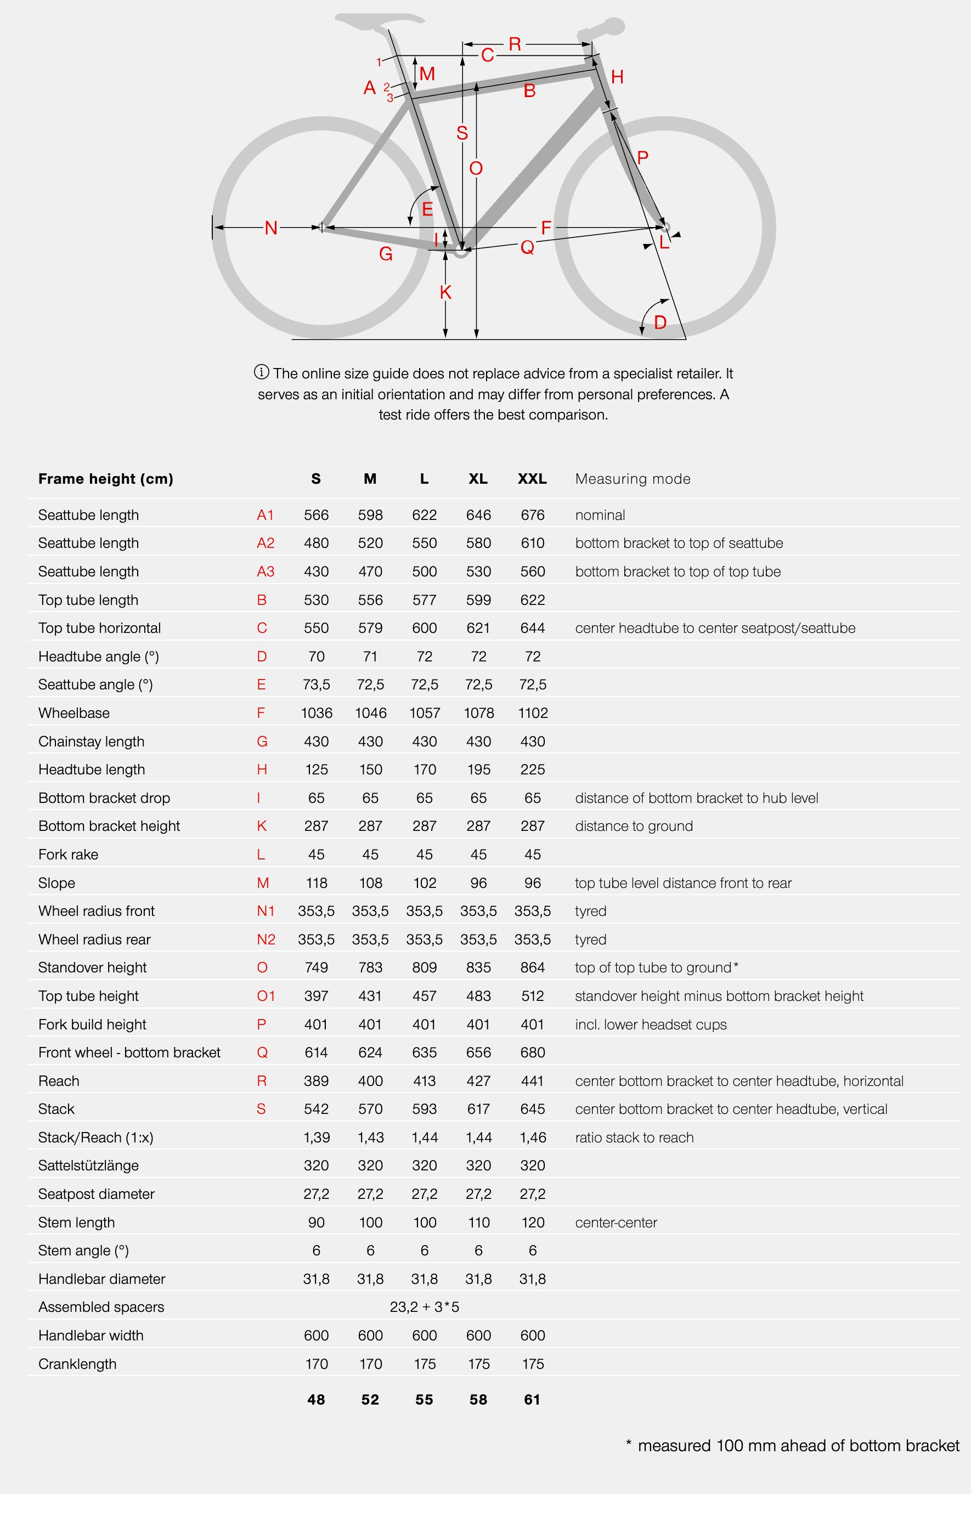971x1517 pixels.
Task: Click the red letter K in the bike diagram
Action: tap(446, 292)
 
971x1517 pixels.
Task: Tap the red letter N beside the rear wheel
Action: tap(271, 228)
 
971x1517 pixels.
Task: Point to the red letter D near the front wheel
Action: tap(660, 322)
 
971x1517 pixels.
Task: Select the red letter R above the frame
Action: tap(515, 44)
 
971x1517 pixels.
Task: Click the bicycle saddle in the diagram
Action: tap(379, 20)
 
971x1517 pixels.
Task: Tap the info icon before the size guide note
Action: tap(262, 372)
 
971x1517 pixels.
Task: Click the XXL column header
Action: tap(532, 479)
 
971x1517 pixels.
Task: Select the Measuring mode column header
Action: tap(633, 479)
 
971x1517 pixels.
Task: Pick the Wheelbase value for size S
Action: tap(317, 713)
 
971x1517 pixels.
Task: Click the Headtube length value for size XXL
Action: tap(532, 769)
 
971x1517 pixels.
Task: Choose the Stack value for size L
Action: tap(425, 1110)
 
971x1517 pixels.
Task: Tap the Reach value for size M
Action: tap(370, 1081)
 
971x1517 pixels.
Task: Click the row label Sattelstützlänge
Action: tap(88, 1165)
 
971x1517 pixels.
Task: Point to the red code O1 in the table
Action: tap(266, 996)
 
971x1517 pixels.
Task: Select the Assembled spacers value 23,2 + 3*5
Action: tap(425, 1307)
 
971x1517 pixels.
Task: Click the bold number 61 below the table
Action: tap(532, 1400)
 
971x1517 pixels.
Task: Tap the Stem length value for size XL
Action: tap(478, 1222)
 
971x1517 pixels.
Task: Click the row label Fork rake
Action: tap(68, 854)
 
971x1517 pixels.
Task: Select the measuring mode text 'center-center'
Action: tap(616, 1222)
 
